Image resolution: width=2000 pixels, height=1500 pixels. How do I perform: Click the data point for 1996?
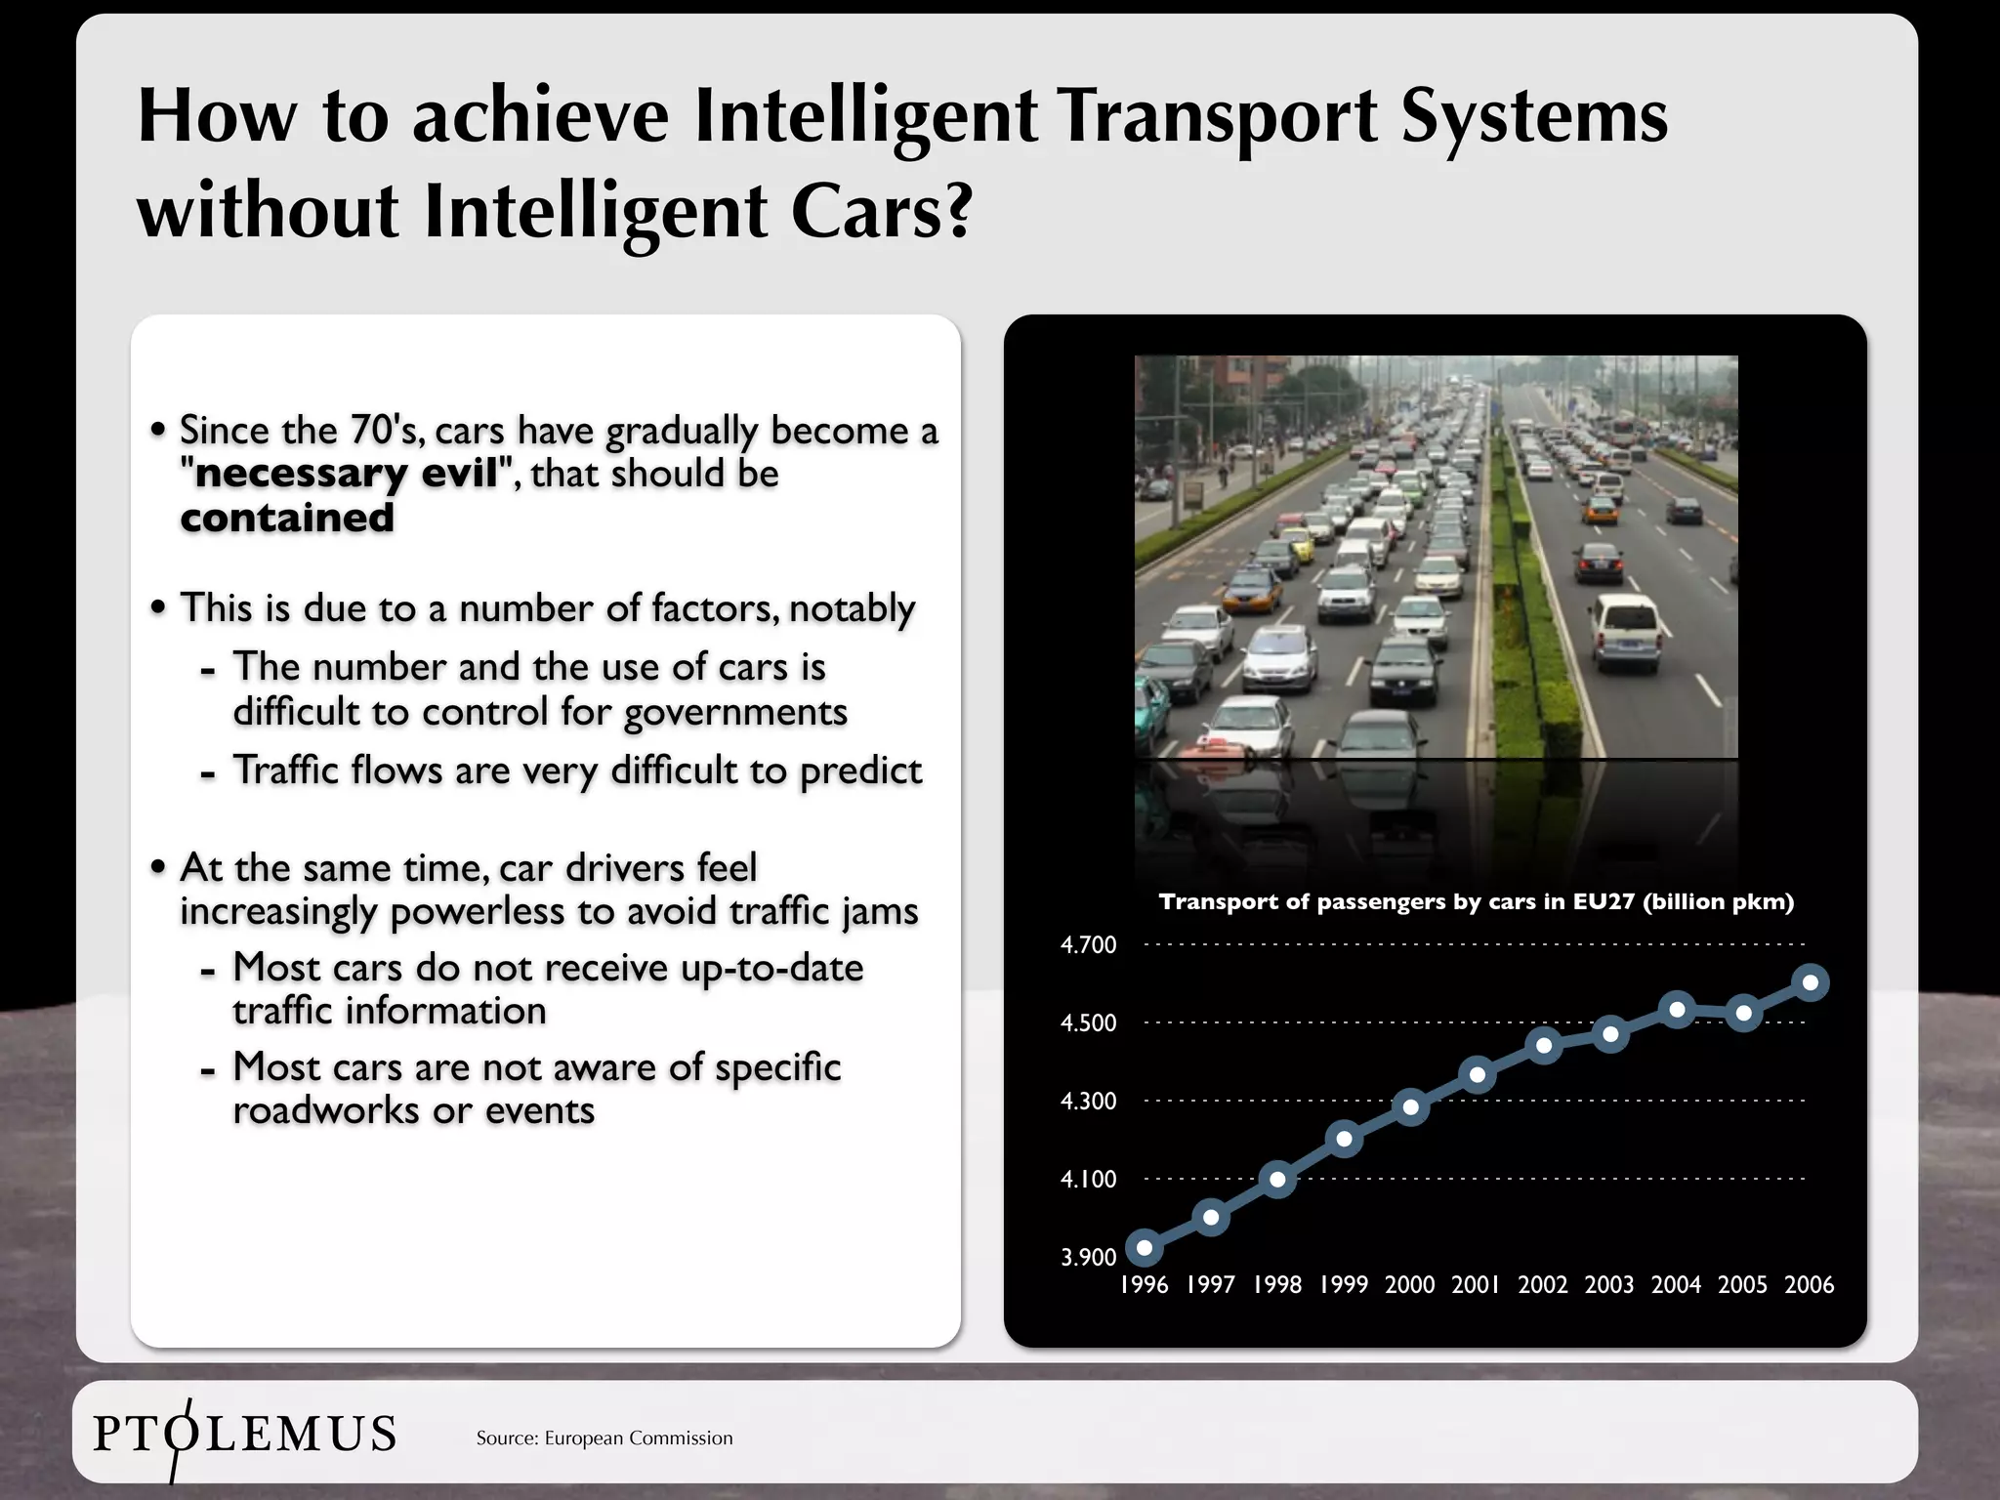(1145, 1247)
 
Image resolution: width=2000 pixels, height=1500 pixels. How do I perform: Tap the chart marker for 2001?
(1478, 1075)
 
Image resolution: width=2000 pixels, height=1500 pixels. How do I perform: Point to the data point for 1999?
(1344, 1139)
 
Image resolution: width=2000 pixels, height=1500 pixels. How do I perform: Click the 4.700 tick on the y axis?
(1088, 944)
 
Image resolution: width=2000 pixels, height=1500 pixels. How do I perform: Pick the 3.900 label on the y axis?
(1088, 1257)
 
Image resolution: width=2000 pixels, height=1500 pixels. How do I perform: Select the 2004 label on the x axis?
(1676, 1285)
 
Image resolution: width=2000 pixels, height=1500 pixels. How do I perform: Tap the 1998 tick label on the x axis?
(1277, 1285)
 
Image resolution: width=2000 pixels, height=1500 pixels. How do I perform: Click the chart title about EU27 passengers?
(1476, 901)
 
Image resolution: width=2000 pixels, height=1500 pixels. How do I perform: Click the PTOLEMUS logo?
(244, 1435)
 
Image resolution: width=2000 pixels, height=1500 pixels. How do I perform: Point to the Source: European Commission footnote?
(604, 1437)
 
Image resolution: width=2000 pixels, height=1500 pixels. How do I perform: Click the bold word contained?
(287, 518)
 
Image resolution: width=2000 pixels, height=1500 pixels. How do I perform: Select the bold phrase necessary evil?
(347, 474)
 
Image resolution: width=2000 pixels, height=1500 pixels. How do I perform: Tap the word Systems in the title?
(1533, 117)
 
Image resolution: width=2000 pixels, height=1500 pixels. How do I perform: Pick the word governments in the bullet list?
(735, 713)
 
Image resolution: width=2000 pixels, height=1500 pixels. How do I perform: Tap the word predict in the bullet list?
(860, 771)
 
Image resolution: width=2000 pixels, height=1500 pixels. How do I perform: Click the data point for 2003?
(1610, 1034)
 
